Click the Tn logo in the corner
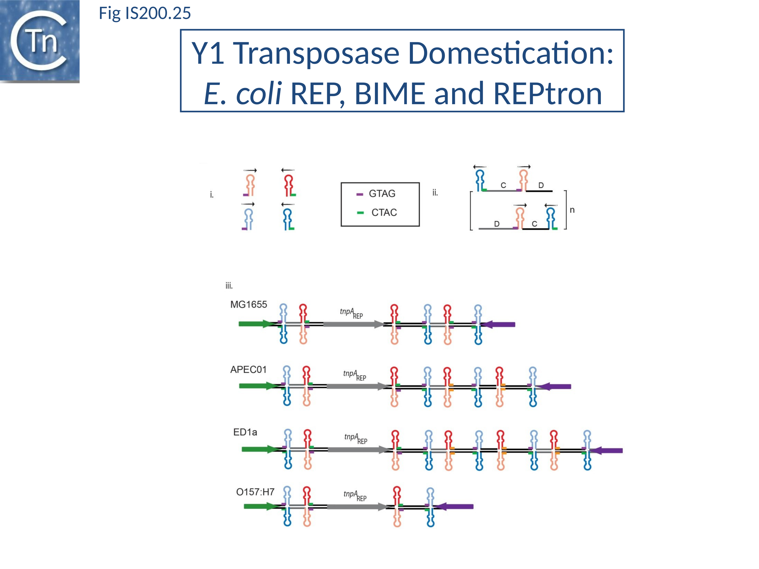point(39,41)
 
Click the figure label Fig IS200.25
point(144,13)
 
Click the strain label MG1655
point(248,304)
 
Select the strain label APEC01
point(248,369)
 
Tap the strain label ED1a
point(245,432)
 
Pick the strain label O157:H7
point(255,492)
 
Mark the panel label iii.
point(229,286)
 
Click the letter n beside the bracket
point(572,210)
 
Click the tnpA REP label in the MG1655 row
point(351,313)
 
